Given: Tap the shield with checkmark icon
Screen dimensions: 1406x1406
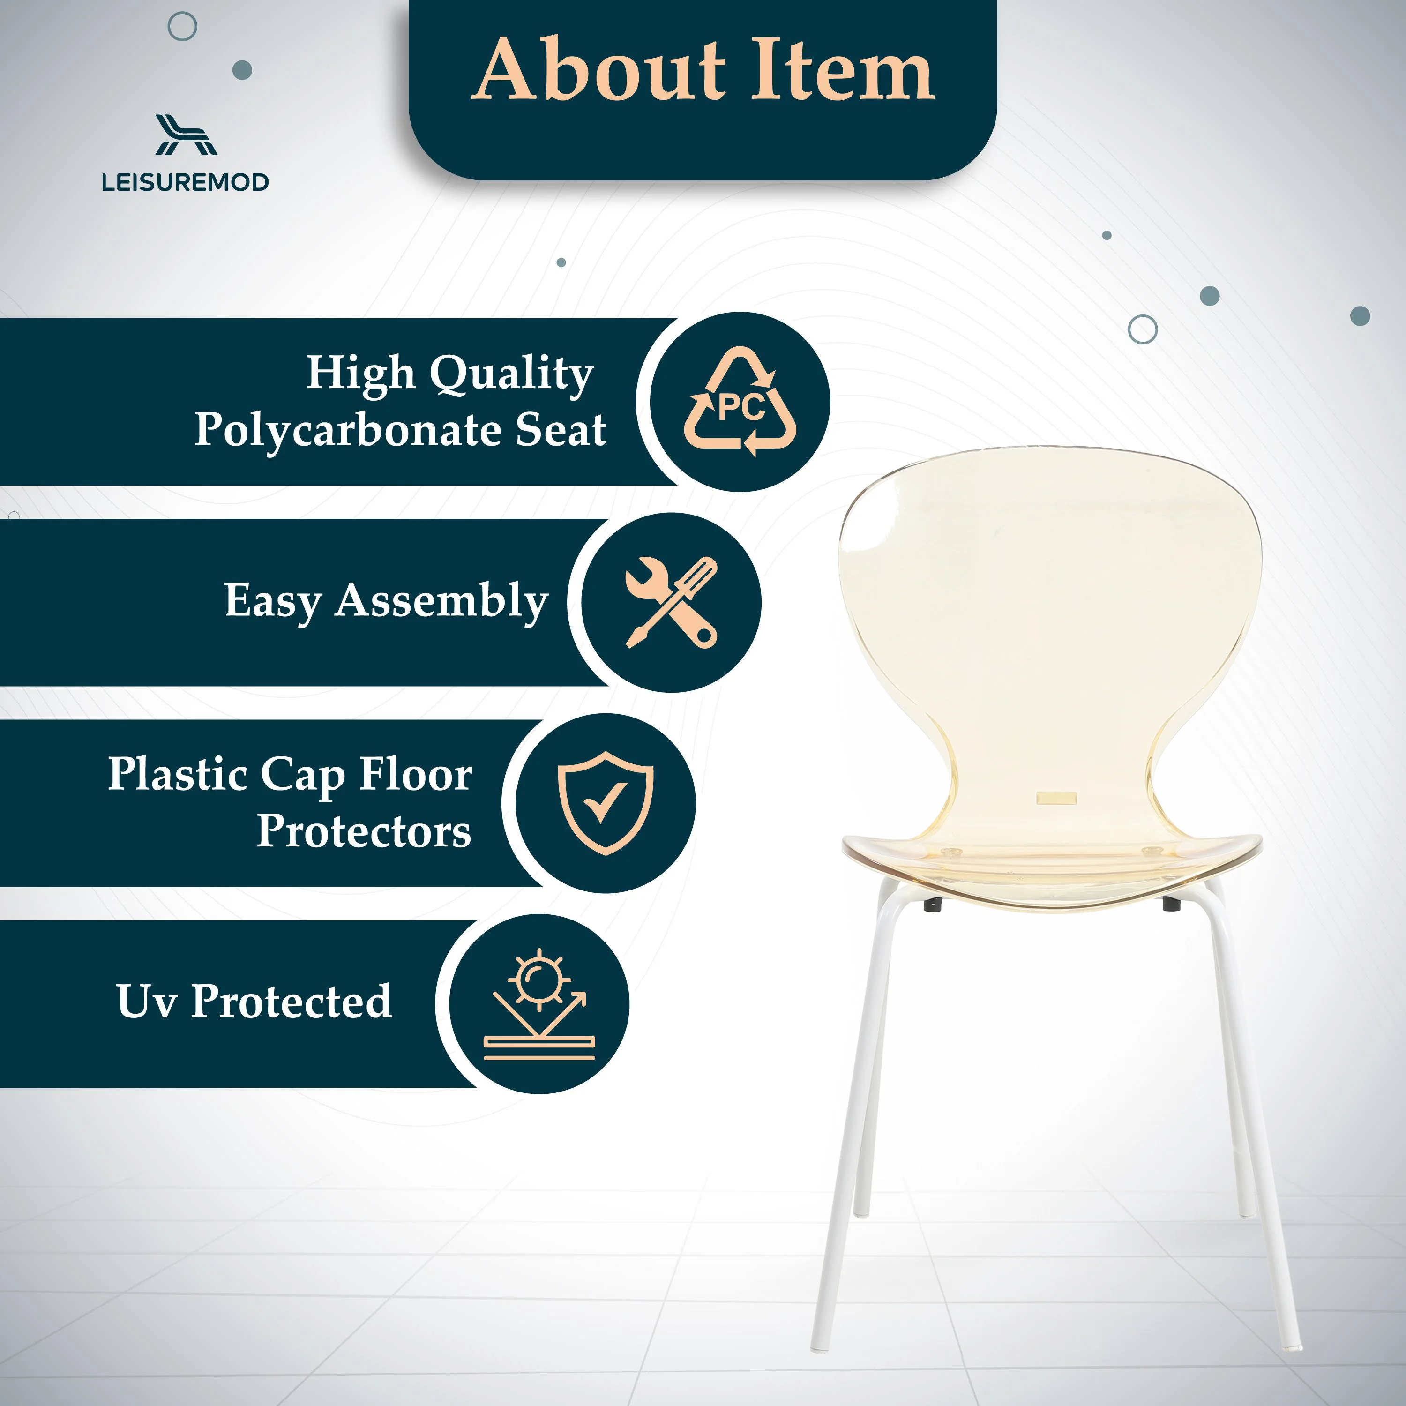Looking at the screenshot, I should coord(606,803).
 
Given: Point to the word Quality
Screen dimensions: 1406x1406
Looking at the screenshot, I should coord(512,374).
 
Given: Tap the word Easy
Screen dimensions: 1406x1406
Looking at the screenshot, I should coord(273,602).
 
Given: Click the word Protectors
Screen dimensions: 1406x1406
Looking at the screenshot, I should coord(364,831).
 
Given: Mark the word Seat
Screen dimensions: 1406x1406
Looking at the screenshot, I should coord(561,430).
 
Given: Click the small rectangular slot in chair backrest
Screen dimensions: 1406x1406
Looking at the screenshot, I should coord(1056,798).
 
